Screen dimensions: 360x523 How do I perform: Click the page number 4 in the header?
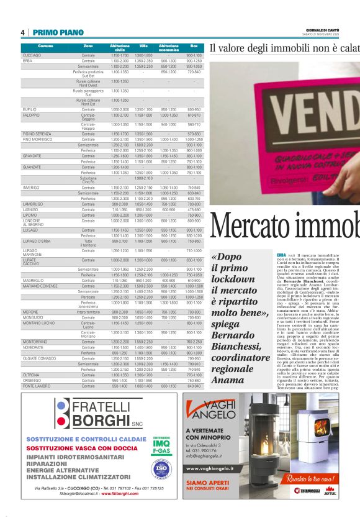pyautogui.click(x=23, y=32)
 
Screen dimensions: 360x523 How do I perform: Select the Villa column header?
pyautogui.click(x=143, y=47)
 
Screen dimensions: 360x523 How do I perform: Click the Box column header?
pyautogui.click(x=194, y=47)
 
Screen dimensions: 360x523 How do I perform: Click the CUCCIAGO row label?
pyautogui.click(x=32, y=55)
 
